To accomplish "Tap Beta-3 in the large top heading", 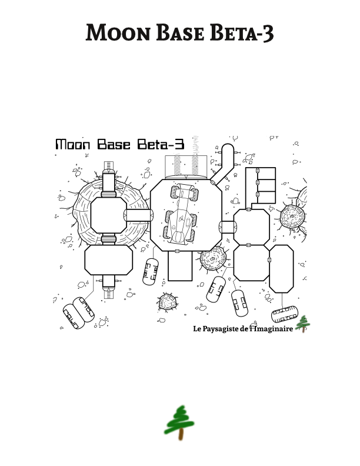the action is coord(242,32).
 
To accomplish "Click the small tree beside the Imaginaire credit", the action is coord(303,324).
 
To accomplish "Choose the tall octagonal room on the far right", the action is coord(281,268).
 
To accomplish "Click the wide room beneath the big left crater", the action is coord(108,259).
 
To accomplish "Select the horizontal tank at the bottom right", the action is coord(286,314).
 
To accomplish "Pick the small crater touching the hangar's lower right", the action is coord(212,258).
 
